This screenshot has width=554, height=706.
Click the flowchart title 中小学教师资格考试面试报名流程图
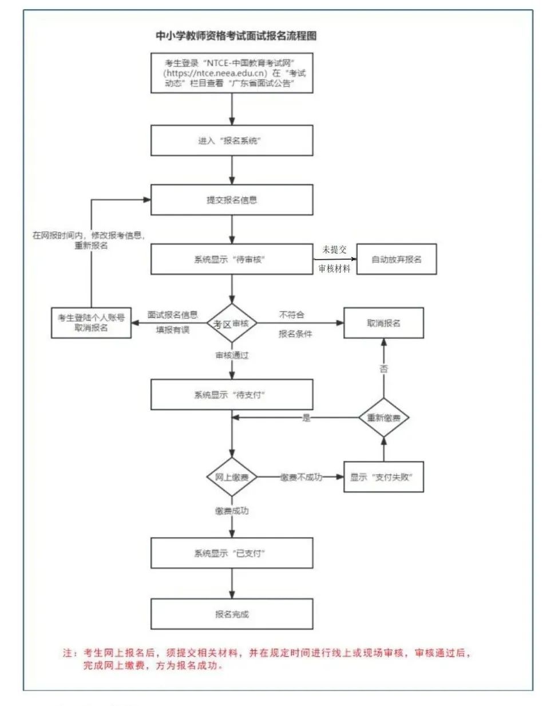point(236,36)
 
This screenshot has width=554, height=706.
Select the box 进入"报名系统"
point(232,140)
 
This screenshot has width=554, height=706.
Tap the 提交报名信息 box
point(232,200)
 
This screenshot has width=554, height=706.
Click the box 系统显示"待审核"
point(232,259)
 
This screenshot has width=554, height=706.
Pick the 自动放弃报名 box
point(396,259)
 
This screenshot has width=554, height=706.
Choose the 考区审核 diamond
point(232,324)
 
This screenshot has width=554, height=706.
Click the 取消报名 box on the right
point(383,323)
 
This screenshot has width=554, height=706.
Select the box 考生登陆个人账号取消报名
point(91,322)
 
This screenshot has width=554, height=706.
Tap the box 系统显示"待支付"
point(232,395)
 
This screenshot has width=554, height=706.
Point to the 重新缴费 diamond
point(383,417)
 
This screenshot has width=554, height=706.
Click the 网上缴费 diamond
point(232,477)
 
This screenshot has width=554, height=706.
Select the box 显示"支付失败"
point(383,477)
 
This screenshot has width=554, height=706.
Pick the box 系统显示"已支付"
point(232,553)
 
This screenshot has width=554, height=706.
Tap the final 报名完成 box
point(232,614)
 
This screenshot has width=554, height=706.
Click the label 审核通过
point(232,356)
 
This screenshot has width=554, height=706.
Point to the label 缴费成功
point(232,510)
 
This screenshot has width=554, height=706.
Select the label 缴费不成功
point(301,477)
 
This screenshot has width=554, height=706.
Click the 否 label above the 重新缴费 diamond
point(383,369)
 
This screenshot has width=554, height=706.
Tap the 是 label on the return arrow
point(307,418)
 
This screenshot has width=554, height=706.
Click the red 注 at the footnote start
point(68,653)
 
